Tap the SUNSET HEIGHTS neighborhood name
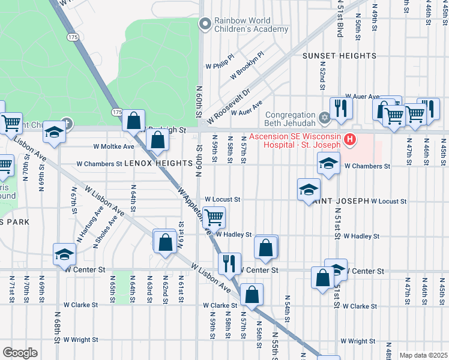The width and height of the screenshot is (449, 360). coord(339,56)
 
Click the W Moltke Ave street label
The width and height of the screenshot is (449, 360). coord(113,146)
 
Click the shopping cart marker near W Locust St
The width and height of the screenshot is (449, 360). coord(214,217)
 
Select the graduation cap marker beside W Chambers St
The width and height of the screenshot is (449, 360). coord(328,163)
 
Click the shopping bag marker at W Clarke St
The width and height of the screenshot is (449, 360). coord(252,294)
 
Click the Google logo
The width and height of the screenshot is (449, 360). coord(20,353)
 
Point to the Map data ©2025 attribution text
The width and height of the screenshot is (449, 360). coord(423,355)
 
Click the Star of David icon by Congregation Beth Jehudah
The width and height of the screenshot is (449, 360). coord(325,116)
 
